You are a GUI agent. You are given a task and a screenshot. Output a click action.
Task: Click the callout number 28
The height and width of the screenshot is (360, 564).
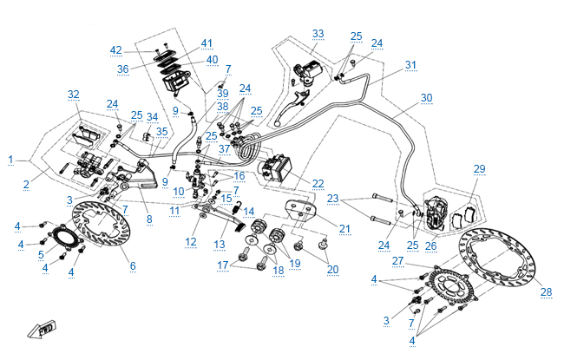coord(545,292)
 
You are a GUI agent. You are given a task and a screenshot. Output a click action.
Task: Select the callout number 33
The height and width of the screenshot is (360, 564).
coord(318,34)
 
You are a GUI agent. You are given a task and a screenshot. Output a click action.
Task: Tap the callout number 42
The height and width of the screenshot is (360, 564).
coord(116,49)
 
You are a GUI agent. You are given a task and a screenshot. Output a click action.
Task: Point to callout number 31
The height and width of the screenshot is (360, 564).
coord(410,65)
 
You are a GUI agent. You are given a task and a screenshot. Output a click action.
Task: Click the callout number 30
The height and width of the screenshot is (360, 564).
coord(425,97)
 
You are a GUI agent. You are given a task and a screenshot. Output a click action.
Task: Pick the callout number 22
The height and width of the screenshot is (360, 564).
coord(318,183)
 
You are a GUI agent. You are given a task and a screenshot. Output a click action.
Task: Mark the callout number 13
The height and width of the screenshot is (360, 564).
coord(220,244)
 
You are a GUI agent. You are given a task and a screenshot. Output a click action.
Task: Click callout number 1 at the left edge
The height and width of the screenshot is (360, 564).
coord(10,160)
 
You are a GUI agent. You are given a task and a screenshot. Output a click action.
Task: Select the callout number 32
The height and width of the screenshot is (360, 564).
coord(73,94)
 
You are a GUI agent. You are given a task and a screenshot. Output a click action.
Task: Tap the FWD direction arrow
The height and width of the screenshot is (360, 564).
coord(39,330)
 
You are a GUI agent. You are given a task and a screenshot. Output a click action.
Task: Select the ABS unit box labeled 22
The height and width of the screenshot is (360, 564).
coord(282,167)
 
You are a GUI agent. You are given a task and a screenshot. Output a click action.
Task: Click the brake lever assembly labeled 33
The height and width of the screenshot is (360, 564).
coord(308,69)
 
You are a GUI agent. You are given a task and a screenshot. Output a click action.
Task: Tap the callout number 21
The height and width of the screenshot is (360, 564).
coord(344,229)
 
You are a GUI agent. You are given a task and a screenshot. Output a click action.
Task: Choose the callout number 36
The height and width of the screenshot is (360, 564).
coord(123,69)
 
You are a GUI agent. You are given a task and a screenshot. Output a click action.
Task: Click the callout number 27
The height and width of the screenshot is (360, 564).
coord(398,259)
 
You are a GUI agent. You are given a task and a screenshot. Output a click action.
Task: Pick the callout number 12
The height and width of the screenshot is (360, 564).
coord(191,242)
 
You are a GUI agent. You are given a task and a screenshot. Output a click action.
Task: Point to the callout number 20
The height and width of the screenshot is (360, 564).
coord(333,270)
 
